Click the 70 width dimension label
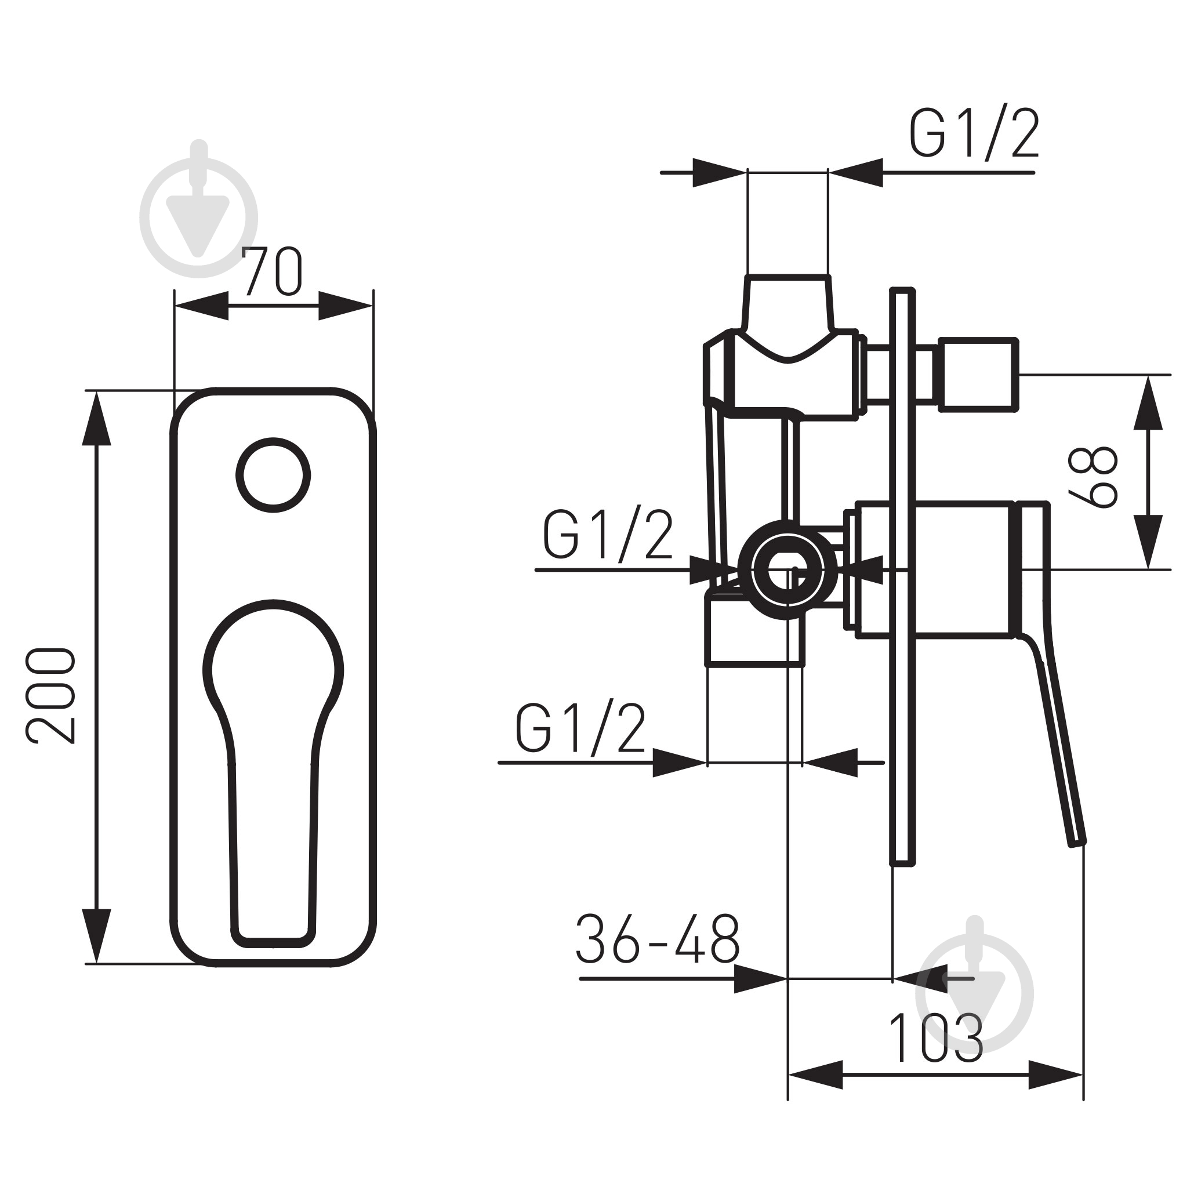tap(271, 271)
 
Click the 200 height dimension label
tap(50, 695)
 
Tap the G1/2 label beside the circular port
tap(608, 536)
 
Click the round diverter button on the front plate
tap(273, 474)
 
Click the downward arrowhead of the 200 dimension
tap(96, 936)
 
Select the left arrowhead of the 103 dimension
tap(816, 1075)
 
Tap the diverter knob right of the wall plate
tap(978, 375)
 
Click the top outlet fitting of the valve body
tap(788, 302)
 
